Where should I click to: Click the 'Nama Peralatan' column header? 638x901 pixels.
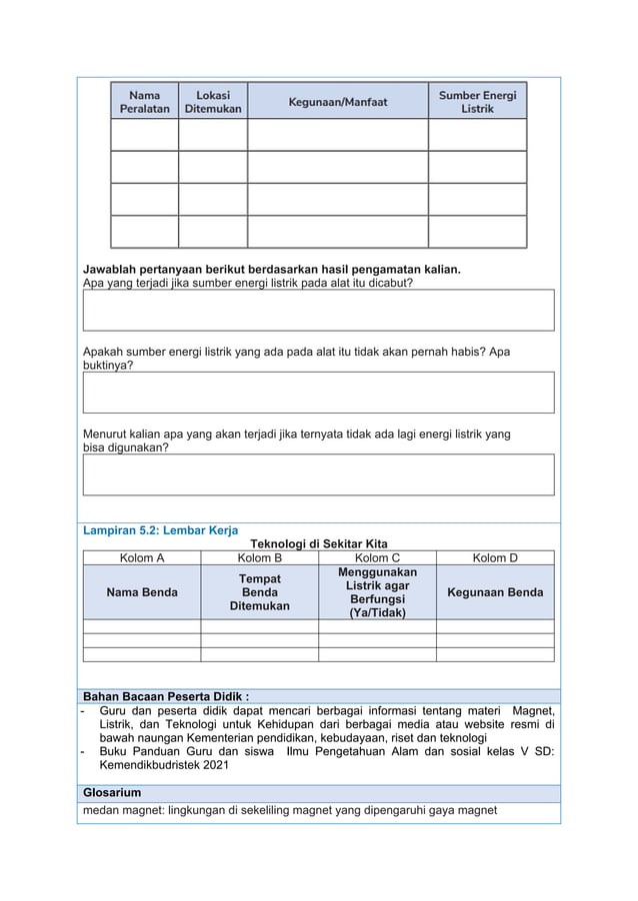coord(144,101)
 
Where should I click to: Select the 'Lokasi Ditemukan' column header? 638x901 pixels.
coord(213,101)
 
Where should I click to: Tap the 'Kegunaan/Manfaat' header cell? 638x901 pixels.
coord(337,101)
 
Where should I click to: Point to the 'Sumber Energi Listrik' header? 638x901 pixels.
coord(477,101)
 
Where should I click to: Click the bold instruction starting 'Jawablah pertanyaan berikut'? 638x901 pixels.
coord(271,270)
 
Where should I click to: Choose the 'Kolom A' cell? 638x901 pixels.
coord(142,557)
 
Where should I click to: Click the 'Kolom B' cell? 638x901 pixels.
coord(259,557)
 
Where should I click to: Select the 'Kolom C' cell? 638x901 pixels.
coord(377,557)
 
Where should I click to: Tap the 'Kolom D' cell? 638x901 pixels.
coord(495,557)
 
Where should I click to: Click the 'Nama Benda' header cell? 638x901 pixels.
coord(142,592)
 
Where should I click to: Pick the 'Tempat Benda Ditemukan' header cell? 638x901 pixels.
coord(259,592)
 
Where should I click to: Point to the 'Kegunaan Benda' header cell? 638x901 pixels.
coord(495,592)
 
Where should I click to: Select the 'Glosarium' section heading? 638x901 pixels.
coord(113,792)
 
